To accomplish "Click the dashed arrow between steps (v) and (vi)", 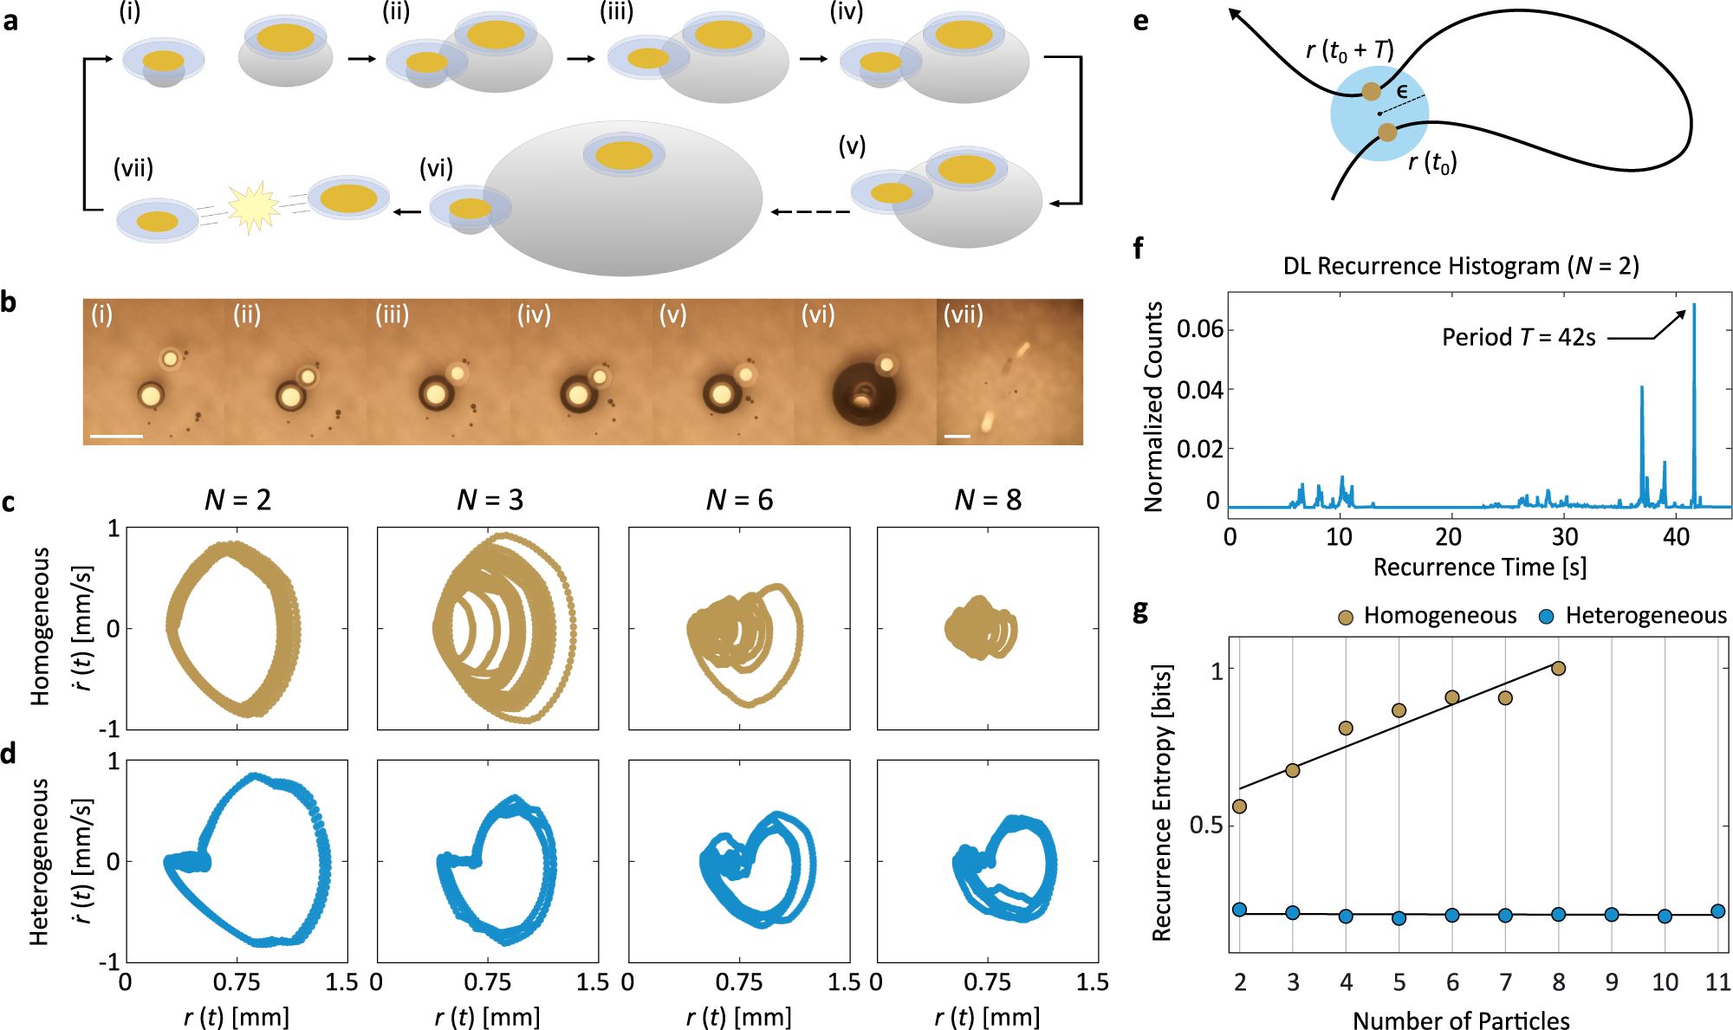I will [810, 212].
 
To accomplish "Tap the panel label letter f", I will [1138, 249].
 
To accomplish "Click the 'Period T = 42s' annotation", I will [1518, 337].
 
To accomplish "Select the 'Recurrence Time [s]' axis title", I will [1479, 567].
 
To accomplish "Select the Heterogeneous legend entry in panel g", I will [1632, 616].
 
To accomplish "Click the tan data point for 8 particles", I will [1559, 668].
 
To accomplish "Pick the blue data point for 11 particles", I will [1718, 911].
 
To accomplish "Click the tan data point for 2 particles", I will [1239, 807].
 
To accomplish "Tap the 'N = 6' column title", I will [739, 500].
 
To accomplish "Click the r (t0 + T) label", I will [1349, 50].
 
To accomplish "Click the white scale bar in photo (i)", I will [116, 437].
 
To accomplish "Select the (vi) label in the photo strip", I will [817, 314].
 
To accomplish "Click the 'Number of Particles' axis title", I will [1461, 1020].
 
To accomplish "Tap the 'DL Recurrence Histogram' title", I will [1461, 266].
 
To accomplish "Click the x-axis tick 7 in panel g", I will [1505, 982].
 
